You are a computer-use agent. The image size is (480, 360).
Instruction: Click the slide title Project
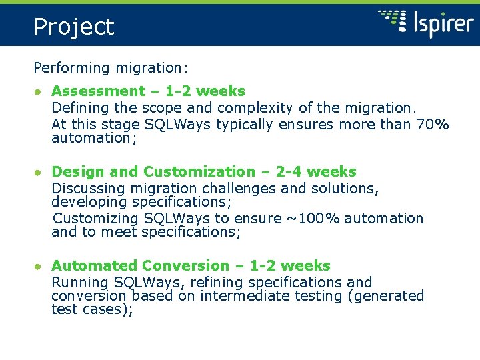pos(74,27)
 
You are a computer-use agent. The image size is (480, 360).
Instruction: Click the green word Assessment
pos(98,91)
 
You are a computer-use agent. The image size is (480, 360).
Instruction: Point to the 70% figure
pos(432,124)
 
